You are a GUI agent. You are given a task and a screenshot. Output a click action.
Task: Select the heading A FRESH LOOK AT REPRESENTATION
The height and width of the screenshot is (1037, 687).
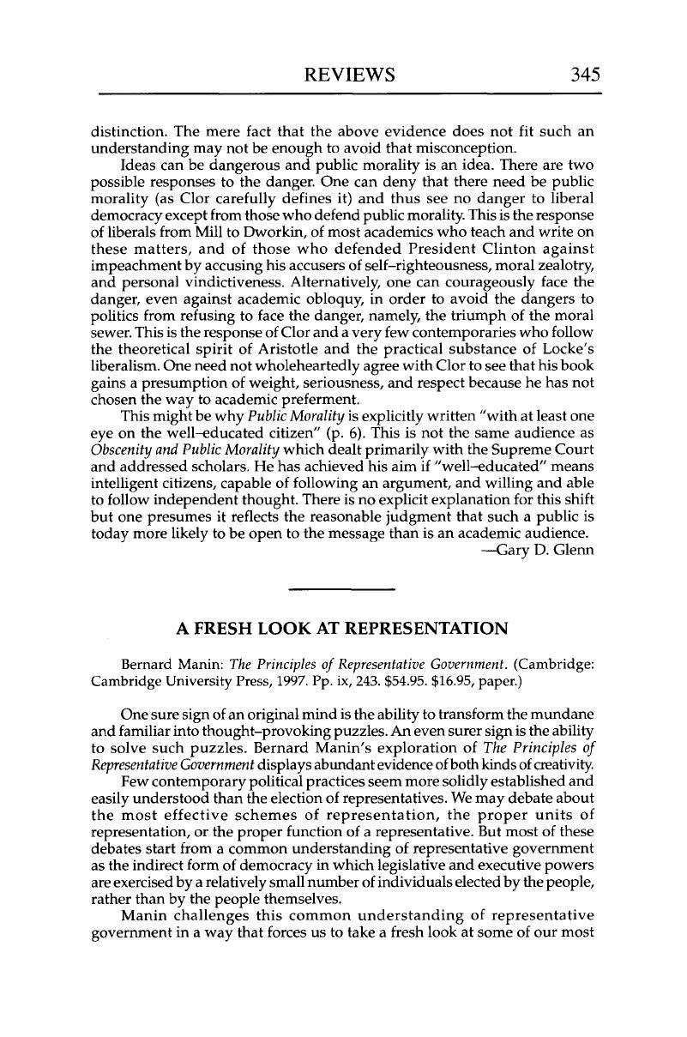tap(342, 629)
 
